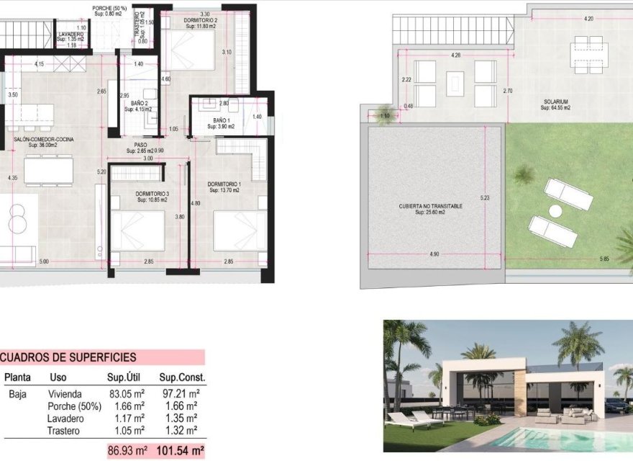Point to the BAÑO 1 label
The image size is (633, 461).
pos(221,121)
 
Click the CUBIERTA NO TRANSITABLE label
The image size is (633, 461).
pos(431,206)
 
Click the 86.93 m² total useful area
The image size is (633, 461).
pos(127,450)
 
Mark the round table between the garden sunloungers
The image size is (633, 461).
pos(555,211)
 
